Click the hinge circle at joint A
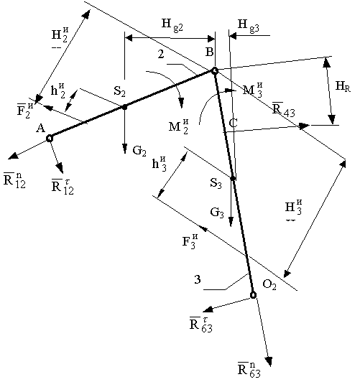tap(50, 139)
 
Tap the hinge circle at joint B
tap(214, 71)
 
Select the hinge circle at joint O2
tap(253, 295)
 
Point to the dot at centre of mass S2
tap(124, 107)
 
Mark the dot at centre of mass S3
tap(233, 179)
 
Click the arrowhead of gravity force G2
tap(125, 149)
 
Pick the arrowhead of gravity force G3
tap(231, 222)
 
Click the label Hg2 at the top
tap(172, 25)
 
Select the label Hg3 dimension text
tap(249, 25)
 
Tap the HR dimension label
tap(343, 86)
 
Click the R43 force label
tap(283, 109)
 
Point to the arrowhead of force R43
tap(304, 126)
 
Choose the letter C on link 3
tap(234, 124)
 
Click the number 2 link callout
tap(161, 54)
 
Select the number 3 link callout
tap(198, 279)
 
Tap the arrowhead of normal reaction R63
tap(269, 361)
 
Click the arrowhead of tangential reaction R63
tap(208, 309)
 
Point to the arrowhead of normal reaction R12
tap(13, 156)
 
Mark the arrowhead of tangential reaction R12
tap(60, 168)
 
